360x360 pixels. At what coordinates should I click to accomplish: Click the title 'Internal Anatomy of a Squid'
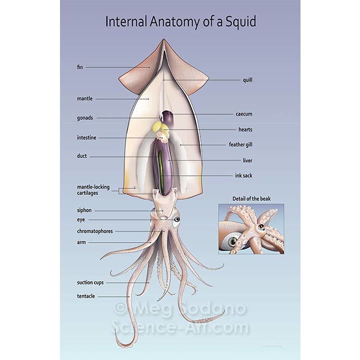181,22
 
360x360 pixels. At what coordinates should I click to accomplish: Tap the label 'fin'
80,67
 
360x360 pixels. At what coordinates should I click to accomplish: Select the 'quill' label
247,80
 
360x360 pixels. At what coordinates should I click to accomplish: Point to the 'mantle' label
85,98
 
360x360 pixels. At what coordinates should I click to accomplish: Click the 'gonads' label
85,118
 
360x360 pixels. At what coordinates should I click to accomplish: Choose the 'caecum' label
244,114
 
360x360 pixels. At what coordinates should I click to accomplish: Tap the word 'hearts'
245,129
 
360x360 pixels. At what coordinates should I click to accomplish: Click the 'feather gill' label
241,145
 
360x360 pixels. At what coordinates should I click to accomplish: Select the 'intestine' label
87,138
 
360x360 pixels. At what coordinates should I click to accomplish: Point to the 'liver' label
247,160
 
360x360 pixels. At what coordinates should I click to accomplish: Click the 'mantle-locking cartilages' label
93,190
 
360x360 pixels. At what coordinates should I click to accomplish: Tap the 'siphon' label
84,210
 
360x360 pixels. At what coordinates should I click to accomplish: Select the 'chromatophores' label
95,231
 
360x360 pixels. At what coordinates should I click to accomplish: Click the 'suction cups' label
90,282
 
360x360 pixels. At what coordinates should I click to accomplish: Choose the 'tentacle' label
86,296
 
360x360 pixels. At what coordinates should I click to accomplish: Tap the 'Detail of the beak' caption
251,198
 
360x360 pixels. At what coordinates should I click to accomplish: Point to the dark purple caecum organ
167,117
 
